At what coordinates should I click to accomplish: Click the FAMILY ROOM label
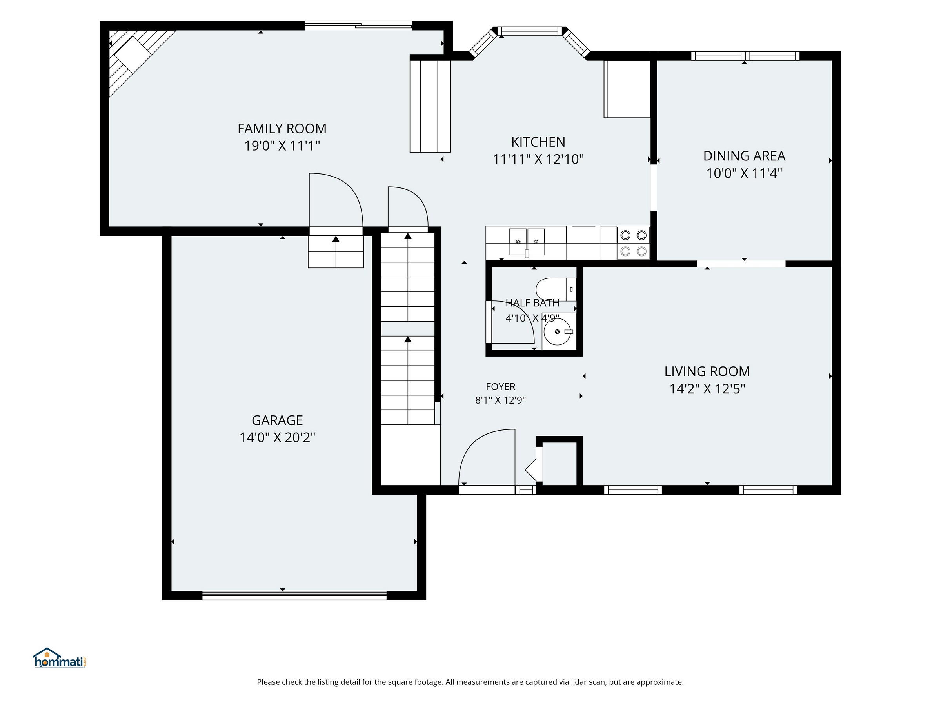[282, 129]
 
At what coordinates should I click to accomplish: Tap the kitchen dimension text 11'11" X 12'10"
[538, 159]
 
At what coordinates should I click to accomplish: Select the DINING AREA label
[744, 156]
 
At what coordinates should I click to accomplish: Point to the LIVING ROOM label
[707, 371]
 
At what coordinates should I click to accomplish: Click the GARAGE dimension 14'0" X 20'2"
[277, 437]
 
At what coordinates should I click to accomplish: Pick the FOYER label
[501, 387]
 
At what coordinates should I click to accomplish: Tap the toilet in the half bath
[556, 289]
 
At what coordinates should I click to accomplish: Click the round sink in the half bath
[557, 331]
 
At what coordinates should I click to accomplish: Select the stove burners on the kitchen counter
[633, 243]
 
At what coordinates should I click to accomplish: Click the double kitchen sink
[527, 242]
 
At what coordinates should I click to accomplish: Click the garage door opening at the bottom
[294, 595]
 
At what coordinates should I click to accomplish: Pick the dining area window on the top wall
[745, 56]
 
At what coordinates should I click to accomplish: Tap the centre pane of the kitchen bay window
[530, 31]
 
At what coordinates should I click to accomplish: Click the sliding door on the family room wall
[358, 25]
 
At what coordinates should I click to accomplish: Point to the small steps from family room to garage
[336, 251]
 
